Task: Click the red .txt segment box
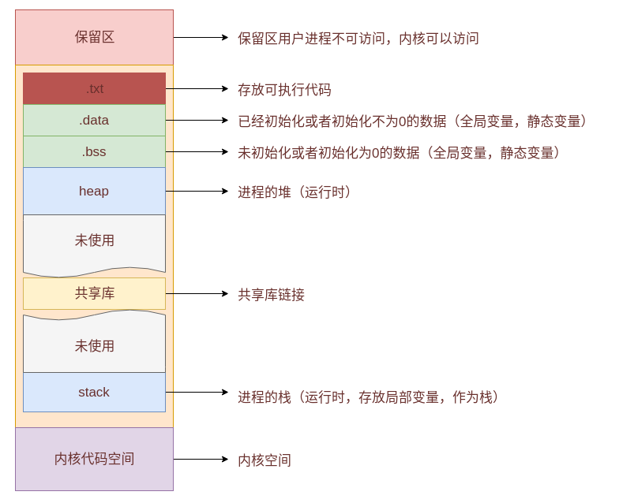94,88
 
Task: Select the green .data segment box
94,120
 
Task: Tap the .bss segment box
94,151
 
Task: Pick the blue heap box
94,191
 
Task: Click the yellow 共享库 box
94,293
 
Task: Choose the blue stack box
94,392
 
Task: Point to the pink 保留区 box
94,37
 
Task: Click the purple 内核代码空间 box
94,459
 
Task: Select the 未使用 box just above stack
94,345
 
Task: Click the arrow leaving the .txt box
197,88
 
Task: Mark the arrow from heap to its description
197,191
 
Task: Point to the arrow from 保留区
201,37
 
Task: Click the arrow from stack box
197,392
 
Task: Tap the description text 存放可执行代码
285,90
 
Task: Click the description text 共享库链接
271,295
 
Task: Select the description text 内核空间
264,460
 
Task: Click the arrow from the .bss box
197,151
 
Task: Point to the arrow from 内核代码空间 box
201,459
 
